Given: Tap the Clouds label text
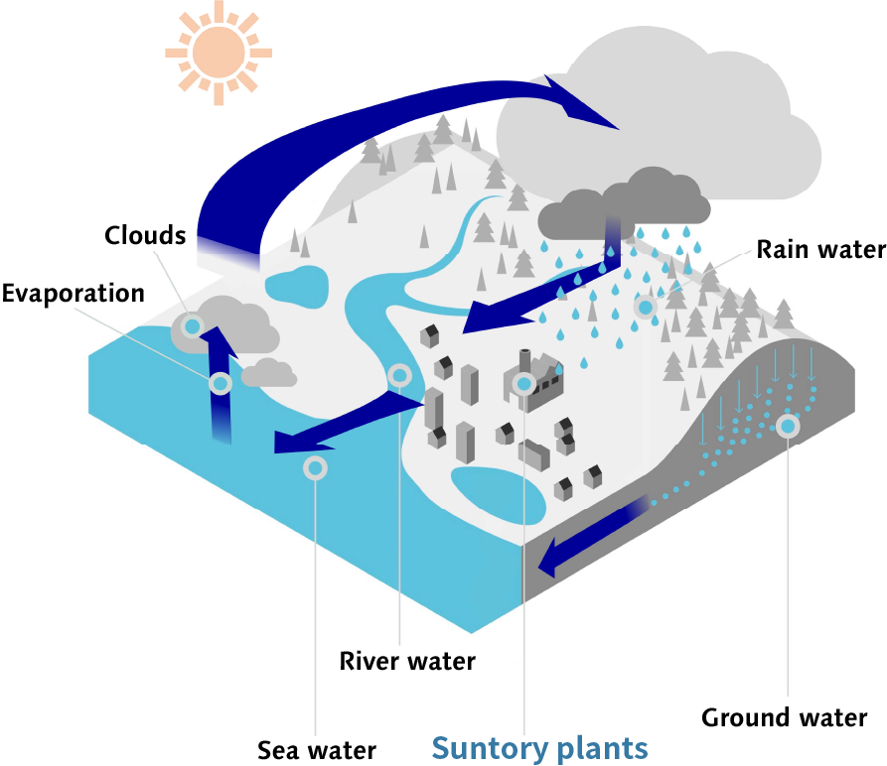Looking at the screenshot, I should [145, 235].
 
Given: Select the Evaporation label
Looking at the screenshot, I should [73, 294].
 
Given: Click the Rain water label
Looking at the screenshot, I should [819, 249].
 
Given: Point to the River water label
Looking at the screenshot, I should [407, 660].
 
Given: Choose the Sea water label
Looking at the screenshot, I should [317, 749].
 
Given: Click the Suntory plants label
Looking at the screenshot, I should [540, 747].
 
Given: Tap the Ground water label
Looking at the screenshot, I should [784, 717].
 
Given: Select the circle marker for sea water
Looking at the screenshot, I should [315, 467].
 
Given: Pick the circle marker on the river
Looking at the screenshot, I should [399, 376].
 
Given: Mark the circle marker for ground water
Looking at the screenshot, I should [788, 427].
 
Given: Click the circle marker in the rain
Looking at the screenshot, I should [646, 309].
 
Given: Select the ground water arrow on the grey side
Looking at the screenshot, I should [586, 541].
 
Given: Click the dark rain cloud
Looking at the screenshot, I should [624, 198].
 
